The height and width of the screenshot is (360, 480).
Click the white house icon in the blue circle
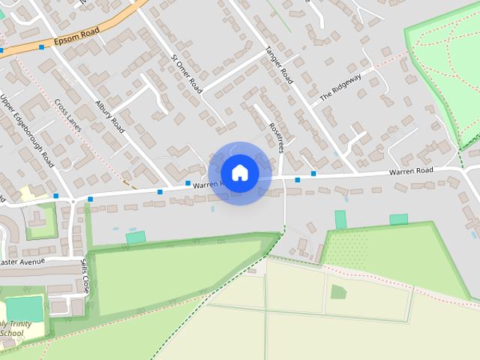(x=240, y=173)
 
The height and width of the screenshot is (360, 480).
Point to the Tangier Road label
(x=278, y=65)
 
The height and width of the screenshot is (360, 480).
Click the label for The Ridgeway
(x=340, y=87)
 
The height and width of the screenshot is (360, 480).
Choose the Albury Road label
(x=109, y=116)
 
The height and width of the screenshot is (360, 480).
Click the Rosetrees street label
(x=274, y=136)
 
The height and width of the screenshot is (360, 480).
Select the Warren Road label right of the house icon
(x=411, y=172)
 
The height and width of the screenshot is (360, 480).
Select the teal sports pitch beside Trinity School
(x=25, y=309)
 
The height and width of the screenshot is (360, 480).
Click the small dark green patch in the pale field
(x=339, y=292)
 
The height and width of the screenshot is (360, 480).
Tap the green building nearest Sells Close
(x=136, y=237)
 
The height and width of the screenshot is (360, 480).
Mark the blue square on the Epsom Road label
(x=41, y=46)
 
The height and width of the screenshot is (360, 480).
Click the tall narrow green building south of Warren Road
(x=340, y=219)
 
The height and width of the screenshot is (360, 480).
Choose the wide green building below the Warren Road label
(x=399, y=219)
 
